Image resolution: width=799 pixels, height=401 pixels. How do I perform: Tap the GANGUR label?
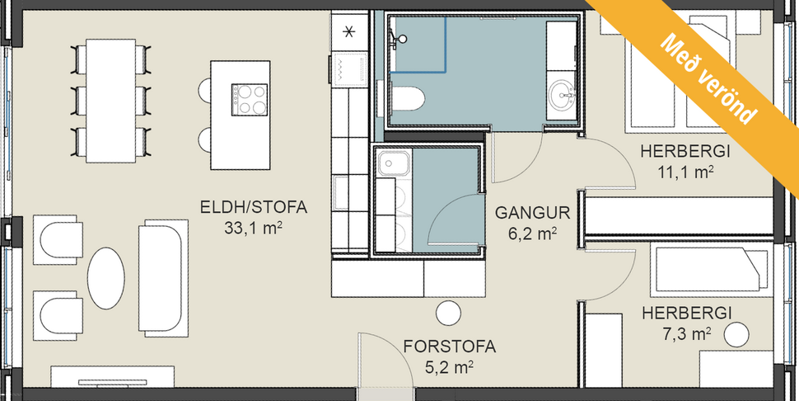[526, 212]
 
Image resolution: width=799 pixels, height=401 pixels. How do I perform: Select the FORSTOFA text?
[450, 346]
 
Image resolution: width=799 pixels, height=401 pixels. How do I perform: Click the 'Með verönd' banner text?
[709, 78]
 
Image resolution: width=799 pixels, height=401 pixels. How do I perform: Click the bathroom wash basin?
[563, 93]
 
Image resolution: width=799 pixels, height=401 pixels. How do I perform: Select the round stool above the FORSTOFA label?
[449, 313]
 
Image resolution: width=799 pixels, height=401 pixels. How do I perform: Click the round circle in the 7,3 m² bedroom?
[736, 334]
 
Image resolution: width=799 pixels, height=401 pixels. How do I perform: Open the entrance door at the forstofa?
[385, 363]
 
